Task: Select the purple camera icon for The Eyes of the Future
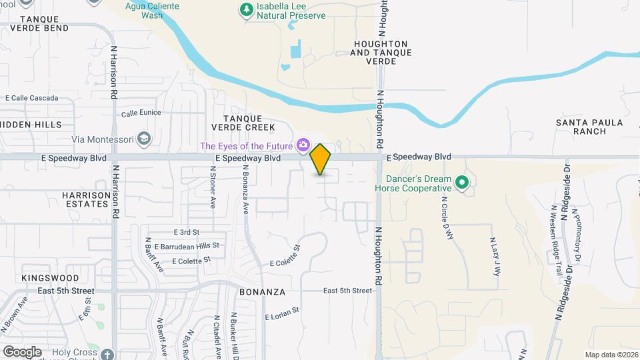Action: pyautogui.click(x=304, y=145)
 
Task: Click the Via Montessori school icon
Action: pyautogui.click(x=145, y=139)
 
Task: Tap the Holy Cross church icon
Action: pyautogui.click(x=109, y=353)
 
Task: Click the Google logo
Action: pyautogui.click(x=22, y=351)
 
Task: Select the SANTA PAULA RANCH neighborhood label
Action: pyautogui.click(x=589, y=127)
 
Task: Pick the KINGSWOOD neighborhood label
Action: pyautogui.click(x=50, y=278)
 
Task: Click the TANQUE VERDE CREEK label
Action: pyautogui.click(x=243, y=123)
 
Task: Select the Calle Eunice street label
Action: pyautogui.click(x=141, y=113)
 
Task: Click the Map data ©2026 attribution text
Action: pyautogui.click(x=611, y=355)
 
